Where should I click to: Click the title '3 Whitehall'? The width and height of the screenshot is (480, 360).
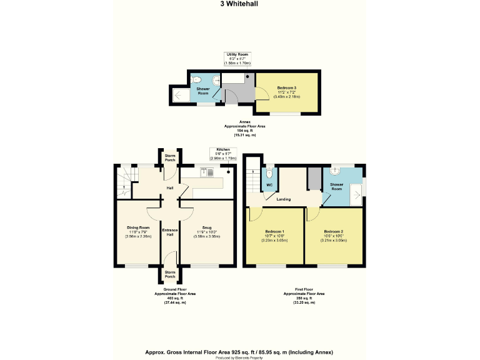pyautogui.click(x=239, y=4)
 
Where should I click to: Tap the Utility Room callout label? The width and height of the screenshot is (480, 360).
pyautogui.click(x=239, y=59)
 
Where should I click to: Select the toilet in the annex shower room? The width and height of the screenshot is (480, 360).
pyautogui.click(x=196, y=79)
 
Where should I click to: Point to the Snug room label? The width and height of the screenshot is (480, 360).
pyautogui.click(x=206, y=227)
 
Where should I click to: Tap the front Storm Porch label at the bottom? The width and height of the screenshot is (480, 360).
pyautogui.click(x=169, y=274)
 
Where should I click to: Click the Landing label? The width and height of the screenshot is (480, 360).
pyautogui.click(x=284, y=199)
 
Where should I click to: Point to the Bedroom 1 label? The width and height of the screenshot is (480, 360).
pyautogui.click(x=274, y=231)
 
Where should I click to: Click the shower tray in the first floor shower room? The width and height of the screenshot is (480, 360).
pyautogui.click(x=357, y=192)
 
